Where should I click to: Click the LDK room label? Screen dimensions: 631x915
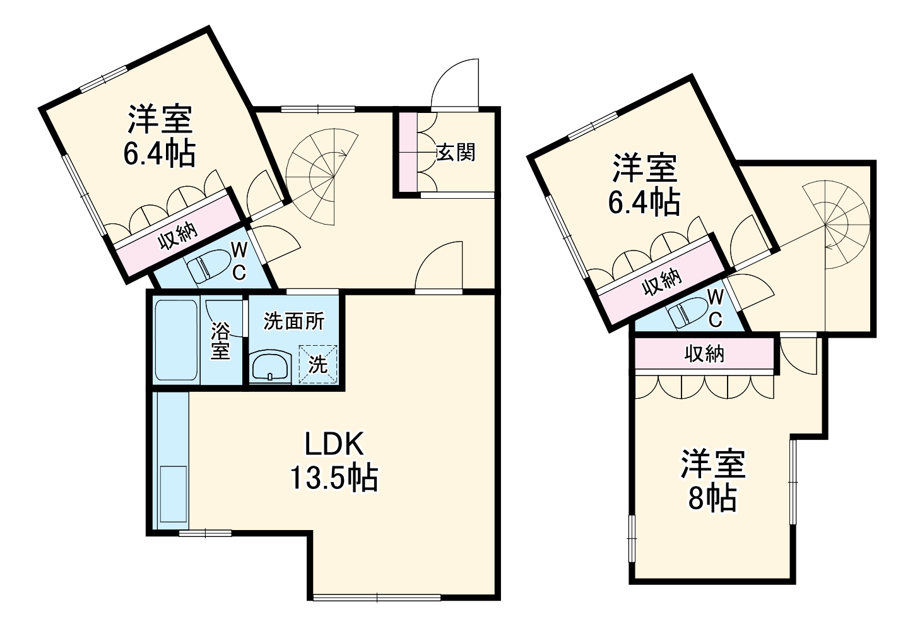coord(334,445)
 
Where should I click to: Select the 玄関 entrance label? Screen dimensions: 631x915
coord(456,152)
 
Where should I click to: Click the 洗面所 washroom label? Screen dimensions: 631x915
coord(293,321)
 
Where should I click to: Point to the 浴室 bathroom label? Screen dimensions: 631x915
coord(220,341)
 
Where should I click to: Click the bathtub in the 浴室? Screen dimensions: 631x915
coord(176,341)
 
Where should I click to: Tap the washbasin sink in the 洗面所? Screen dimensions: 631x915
coord(270,367)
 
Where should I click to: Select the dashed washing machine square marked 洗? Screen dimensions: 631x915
coord(318,363)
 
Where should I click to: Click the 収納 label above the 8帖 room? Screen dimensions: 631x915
coord(704,354)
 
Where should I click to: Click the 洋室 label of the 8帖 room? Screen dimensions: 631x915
coord(712,464)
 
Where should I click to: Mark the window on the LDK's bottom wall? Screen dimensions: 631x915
coord(377,597)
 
